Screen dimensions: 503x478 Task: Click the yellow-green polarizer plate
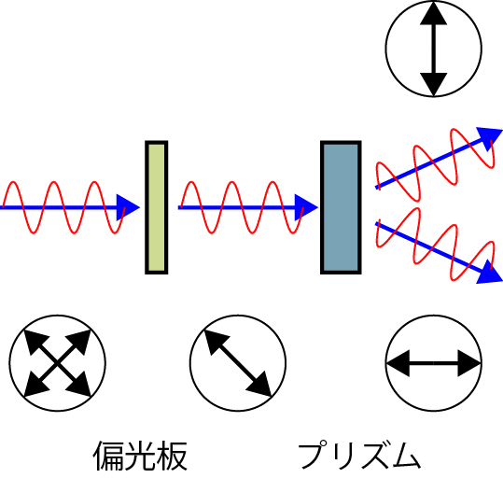pos(157,207)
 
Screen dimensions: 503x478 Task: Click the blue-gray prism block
pos(341,207)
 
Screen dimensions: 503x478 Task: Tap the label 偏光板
pos(140,456)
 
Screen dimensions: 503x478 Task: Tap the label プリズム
pos(359,456)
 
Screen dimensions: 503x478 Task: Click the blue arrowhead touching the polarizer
pos(129,207)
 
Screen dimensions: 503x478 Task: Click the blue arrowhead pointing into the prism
pos(306,207)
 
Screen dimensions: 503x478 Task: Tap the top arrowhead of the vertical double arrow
pos(434,13)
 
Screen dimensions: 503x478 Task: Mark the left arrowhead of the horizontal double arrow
pos(398,363)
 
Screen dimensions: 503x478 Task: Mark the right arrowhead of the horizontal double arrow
pos(469,363)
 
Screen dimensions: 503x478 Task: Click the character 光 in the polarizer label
pos(140,456)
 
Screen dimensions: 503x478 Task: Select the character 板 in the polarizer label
pos(172,456)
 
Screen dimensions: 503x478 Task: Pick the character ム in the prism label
pos(406,456)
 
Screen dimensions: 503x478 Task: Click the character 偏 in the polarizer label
pos(108,456)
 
